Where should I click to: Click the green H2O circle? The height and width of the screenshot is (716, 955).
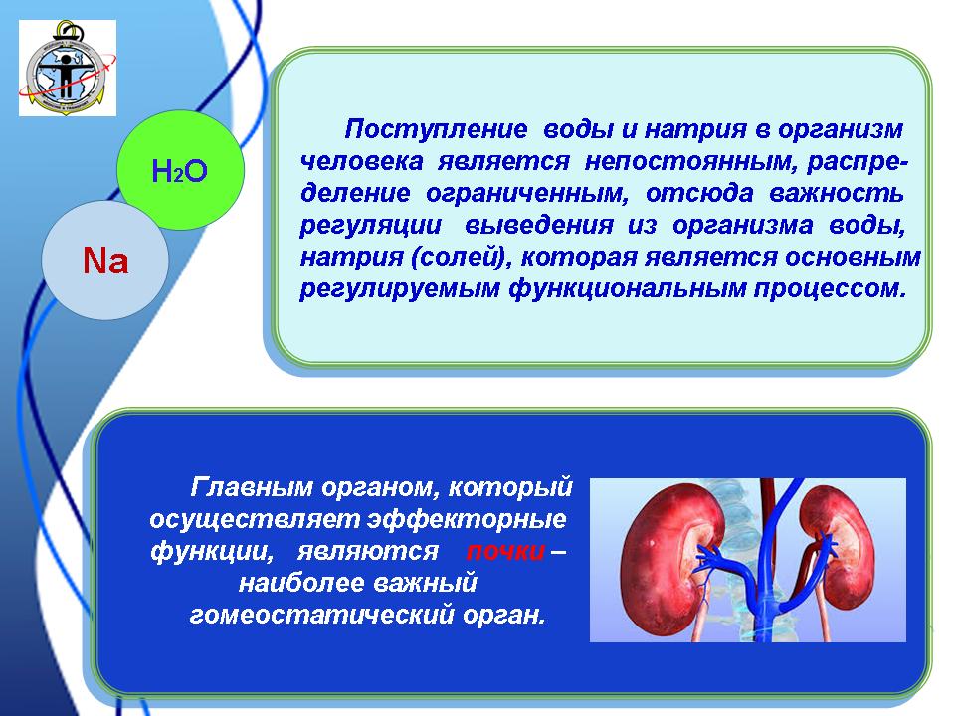(180, 170)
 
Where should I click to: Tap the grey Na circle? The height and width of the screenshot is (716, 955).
(104, 261)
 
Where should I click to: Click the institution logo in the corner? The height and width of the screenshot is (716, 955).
(68, 68)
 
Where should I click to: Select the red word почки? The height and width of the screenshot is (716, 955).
(505, 551)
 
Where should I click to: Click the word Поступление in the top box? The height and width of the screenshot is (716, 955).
(436, 129)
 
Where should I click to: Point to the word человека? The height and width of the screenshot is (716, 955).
(362, 161)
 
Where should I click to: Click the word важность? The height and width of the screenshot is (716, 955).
(837, 192)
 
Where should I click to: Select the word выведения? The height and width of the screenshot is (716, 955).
(539, 226)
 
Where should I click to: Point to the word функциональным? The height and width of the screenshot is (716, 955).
(628, 288)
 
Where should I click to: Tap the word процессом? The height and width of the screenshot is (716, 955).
(830, 289)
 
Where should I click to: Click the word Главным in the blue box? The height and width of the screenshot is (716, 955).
(252, 487)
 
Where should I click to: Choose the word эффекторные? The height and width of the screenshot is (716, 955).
(468, 519)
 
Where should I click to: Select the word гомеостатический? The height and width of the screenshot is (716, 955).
(322, 615)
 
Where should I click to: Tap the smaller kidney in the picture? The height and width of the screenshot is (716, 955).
(838, 546)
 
